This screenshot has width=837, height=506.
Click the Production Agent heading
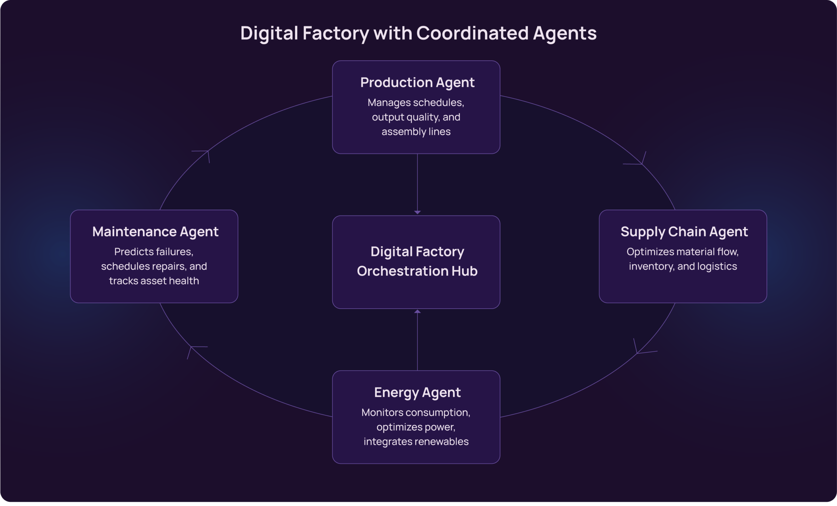pyautogui.click(x=417, y=82)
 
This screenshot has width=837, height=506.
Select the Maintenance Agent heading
pyautogui.click(x=155, y=232)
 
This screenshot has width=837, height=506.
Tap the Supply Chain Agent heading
pyautogui.click(x=684, y=232)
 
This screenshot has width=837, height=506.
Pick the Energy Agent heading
pyautogui.click(x=417, y=392)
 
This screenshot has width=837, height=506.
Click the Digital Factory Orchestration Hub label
pyautogui.click(x=417, y=261)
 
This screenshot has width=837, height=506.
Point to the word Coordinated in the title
pyautogui.click(x=472, y=33)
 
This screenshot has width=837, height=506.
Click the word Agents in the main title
pyautogui.click(x=565, y=33)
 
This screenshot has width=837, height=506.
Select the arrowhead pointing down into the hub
pyautogui.click(x=418, y=212)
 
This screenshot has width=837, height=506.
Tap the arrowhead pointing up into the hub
pyautogui.click(x=418, y=312)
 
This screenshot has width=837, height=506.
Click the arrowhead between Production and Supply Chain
pyautogui.click(x=641, y=162)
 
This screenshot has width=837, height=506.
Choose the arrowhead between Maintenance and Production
pyautogui.click(x=207, y=152)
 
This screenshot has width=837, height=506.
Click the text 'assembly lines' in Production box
pyautogui.click(x=416, y=132)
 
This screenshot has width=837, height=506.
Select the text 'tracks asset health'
pyautogui.click(x=154, y=281)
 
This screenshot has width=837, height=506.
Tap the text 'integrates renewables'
pyautogui.click(x=416, y=442)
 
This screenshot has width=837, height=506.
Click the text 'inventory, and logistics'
pyautogui.click(x=683, y=266)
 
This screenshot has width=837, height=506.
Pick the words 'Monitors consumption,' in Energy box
pyautogui.click(x=416, y=413)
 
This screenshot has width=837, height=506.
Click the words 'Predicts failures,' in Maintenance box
pyautogui.click(x=154, y=252)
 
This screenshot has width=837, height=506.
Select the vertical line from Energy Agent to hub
pyautogui.click(x=418, y=343)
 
